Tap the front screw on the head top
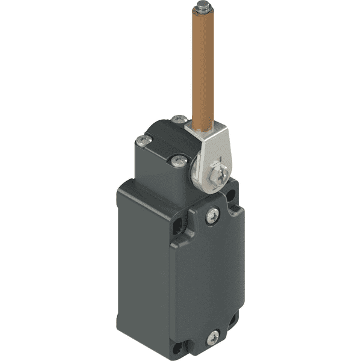178,160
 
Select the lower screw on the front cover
212,339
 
